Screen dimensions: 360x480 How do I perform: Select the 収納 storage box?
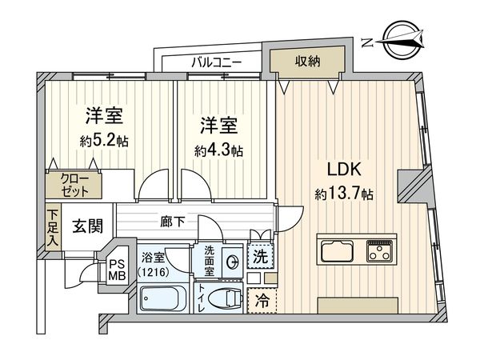click(x=308, y=61)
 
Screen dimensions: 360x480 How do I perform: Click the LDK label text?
click(x=345, y=169)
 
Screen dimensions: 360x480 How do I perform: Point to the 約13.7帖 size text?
click(x=344, y=193)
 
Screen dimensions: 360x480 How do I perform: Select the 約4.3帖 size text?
click(x=218, y=149)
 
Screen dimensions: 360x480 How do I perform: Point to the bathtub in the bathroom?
click(x=162, y=301)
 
